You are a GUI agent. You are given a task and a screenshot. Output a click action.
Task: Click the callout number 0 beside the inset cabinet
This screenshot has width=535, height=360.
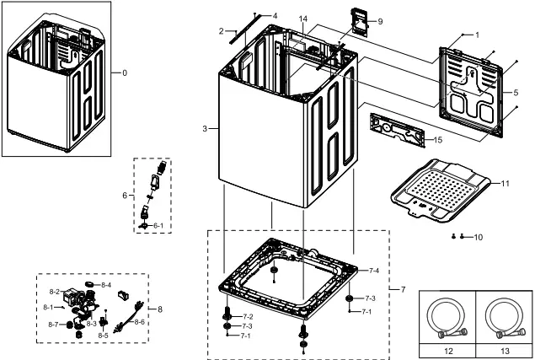click(125, 73)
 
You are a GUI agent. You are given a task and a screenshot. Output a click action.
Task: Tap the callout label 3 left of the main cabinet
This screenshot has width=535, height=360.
click(205, 128)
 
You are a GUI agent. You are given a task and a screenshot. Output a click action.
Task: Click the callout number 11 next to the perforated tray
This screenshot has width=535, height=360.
click(506, 183)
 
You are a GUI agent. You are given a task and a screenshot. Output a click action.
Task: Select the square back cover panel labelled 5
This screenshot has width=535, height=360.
click(476, 83)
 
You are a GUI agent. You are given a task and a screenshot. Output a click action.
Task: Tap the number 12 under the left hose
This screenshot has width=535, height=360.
click(447, 348)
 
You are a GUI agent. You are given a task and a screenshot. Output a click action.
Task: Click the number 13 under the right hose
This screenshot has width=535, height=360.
click(503, 348)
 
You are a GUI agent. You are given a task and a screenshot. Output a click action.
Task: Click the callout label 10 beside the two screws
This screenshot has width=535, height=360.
click(479, 238)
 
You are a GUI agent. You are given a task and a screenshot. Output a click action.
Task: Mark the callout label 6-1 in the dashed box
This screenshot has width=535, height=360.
click(158, 227)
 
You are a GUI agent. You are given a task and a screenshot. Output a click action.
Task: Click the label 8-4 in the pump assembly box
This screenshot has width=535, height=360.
click(106, 286)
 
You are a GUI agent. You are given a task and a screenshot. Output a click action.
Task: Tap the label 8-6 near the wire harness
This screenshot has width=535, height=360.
click(140, 322)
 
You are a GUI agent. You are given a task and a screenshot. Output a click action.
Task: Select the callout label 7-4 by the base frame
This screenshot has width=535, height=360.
click(374, 271)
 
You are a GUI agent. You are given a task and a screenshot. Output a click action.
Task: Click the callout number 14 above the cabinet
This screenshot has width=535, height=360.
click(303, 19)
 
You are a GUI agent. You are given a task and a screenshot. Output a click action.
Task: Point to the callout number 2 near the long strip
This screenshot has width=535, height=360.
click(222, 31)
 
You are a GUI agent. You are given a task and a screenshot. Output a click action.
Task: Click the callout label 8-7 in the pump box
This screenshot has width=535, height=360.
click(52, 325)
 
